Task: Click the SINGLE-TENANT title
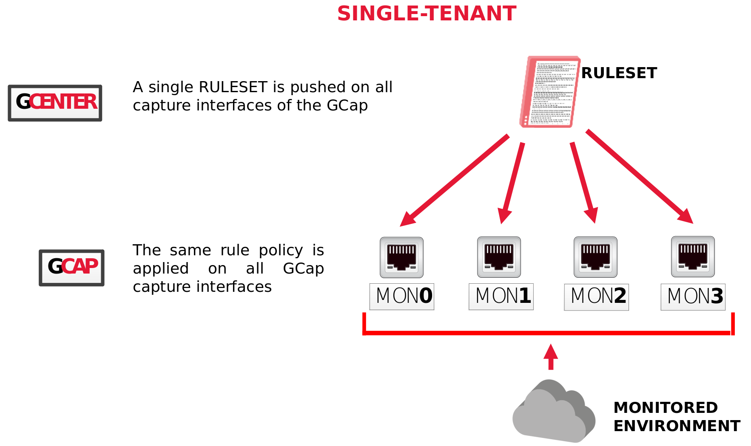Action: (x=427, y=14)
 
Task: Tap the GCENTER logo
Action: (x=55, y=103)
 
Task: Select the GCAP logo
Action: (x=71, y=268)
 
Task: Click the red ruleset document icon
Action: (x=549, y=92)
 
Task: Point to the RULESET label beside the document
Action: (x=619, y=73)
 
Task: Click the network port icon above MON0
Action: (x=401, y=257)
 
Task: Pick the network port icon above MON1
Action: (x=499, y=257)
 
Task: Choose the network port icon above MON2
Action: (x=595, y=257)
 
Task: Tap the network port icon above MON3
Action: (x=693, y=257)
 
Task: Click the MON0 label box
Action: (x=402, y=296)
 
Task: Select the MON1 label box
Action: (x=501, y=296)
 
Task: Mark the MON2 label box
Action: (x=596, y=297)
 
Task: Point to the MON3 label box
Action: (x=693, y=297)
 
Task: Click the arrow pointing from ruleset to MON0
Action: (x=454, y=180)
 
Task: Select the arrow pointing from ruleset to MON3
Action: (x=640, y=176)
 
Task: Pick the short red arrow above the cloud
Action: (x=551, y=357)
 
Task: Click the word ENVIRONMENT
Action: (x=677, y=426)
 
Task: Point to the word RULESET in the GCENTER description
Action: (x=233, y=87)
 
